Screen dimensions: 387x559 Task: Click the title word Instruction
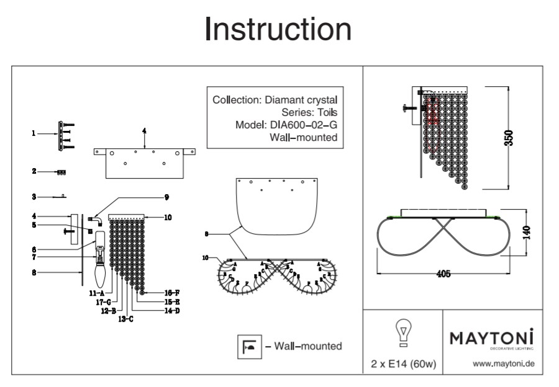[278, 29]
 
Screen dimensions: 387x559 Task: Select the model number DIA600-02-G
[305, 125]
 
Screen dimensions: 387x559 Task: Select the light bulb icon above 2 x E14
[402, 333]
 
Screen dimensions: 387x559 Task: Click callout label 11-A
[96, 291]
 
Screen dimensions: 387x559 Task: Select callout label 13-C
[125, 319]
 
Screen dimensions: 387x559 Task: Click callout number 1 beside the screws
[35, 132]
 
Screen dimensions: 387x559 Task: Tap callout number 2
[35, 171]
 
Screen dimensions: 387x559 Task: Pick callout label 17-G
[103, 301]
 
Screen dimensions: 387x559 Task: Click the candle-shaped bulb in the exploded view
[99, 271]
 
